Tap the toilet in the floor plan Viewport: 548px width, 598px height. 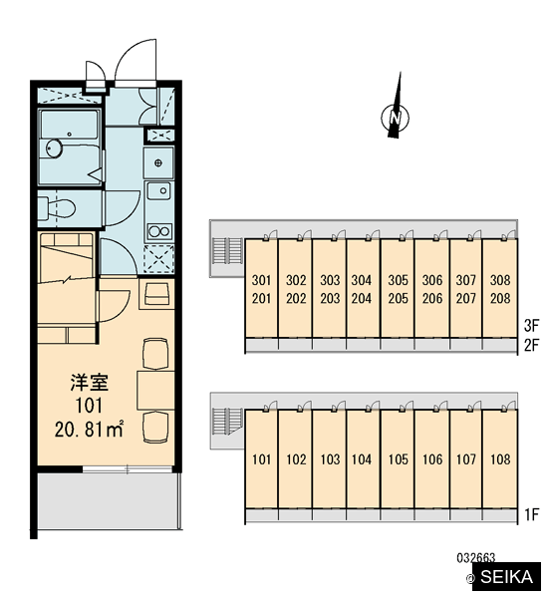click(x=57, y=208)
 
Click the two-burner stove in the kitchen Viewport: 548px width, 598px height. click(x=159, y=231)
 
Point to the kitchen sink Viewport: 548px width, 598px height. click(x=159, y=190)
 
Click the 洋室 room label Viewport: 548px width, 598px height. click(x=90, y=383)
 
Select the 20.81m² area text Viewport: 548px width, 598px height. click(x=90, y=430)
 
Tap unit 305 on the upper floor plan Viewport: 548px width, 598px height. click(x=398, y=280)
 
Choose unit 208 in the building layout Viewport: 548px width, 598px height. click(x=500, y=298)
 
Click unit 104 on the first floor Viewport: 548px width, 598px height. click(x=361, y=459)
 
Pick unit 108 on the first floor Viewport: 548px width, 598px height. click(x=500, y=459)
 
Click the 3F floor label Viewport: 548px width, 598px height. click(x=531, y=326)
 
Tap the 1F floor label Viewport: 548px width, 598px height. click(x=532, y=515)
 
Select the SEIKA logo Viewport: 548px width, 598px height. click(x=506, y=577)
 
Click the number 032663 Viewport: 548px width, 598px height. click(x=476, y=558)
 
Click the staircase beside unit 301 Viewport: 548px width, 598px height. click(x=227, y=250)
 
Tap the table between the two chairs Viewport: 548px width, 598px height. click(x=155, y=390)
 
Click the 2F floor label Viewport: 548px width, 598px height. click(x=531, y=346)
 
